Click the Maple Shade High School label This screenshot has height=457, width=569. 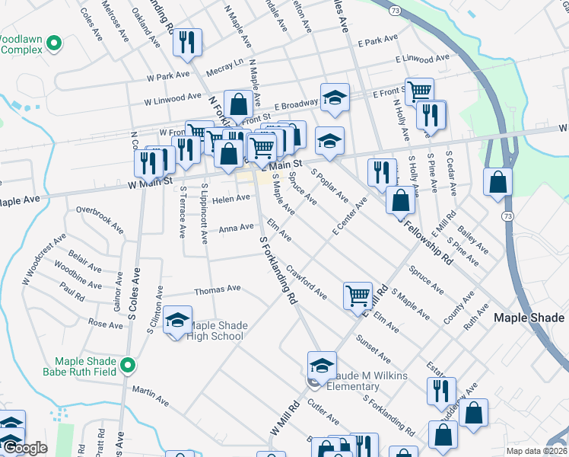click(x=217, y=331)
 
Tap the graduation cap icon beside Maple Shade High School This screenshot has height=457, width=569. click(x=177, y=321)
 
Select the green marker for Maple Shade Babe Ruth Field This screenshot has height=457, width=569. click(x=128, y=366)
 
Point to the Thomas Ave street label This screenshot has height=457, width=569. click(x=217, y=289)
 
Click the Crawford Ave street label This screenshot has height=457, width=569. click(x=307, y=282)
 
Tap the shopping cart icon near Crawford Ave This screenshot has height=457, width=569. click(x=358, y=295)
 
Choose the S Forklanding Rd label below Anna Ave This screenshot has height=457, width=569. click(x=278, y=270)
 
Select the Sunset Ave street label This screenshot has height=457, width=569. click(x=373, y=347)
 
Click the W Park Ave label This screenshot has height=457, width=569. click(x=167, y=76)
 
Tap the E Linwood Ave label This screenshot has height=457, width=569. click(x=422, y=59)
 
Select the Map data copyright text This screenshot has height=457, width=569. click(x=535, y=450)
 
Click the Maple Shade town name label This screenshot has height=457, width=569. click(x=529, y=318)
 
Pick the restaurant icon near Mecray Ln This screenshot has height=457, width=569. click(x=186, y=43)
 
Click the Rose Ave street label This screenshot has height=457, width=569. click(x=105, y=324)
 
